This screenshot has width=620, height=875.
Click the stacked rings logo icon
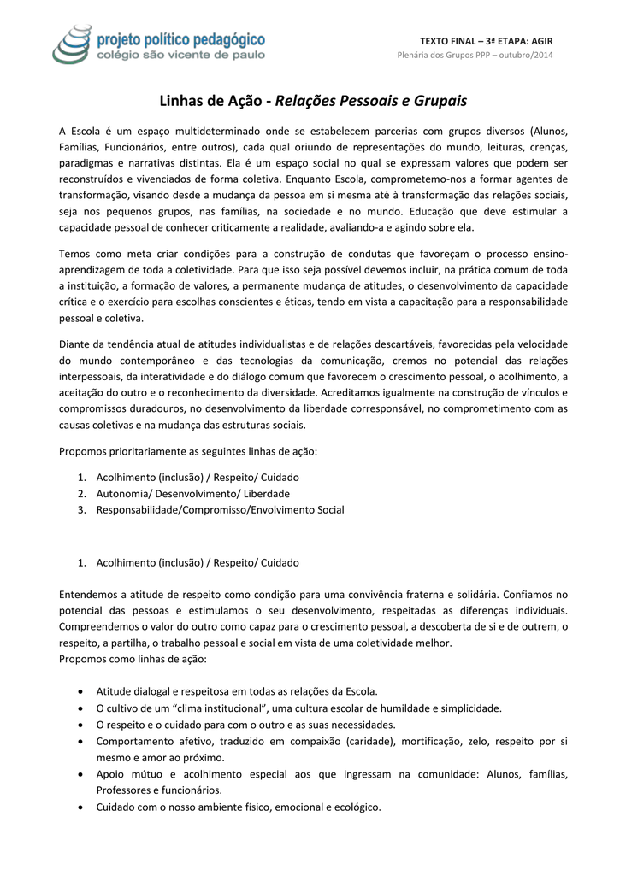point(74,44)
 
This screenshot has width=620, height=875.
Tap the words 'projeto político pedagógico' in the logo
point(182,38)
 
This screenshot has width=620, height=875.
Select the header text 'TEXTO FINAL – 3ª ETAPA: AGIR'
point(487,41)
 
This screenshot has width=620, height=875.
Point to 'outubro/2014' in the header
point(525,56)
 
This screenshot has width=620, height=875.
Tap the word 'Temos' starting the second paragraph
point(74,254)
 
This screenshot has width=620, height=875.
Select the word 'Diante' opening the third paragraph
point(74,344)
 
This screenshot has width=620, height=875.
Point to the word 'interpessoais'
point(92,376)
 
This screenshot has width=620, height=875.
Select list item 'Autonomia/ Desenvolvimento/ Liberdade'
point(193,494)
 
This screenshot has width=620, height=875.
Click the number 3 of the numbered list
point(81,510)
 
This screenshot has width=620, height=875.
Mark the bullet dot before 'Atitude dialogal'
point(80,691)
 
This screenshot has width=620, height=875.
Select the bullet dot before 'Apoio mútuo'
point(80,774)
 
